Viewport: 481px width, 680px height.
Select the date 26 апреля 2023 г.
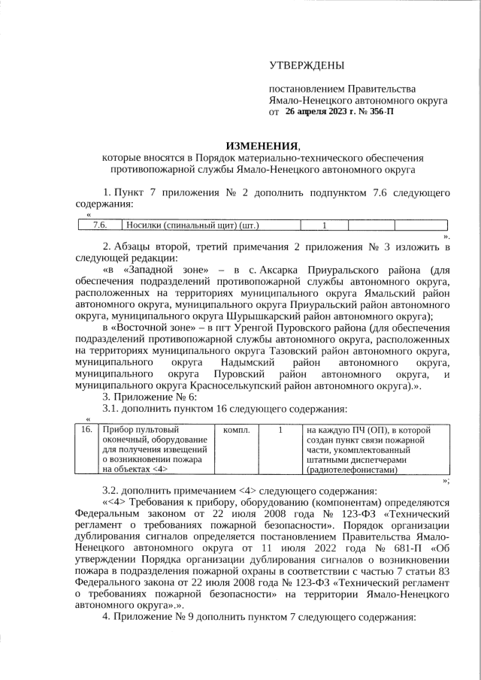click(322, 111)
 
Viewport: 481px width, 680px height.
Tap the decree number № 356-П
click(375, 111)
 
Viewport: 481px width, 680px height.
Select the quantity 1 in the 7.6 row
click(324, 225)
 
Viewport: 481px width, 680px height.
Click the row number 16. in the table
click(87, 430)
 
